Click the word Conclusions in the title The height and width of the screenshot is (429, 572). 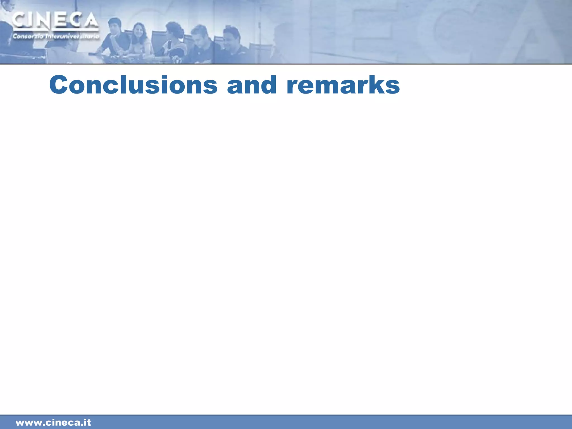click(x=133, y=85)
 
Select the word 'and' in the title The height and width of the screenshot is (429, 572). click(x=252, y=85)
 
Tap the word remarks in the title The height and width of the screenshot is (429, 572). click(x=343, y=85)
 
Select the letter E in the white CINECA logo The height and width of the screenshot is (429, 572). click(x=60, y=21)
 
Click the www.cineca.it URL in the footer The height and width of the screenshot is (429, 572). click(x=53, y=422)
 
